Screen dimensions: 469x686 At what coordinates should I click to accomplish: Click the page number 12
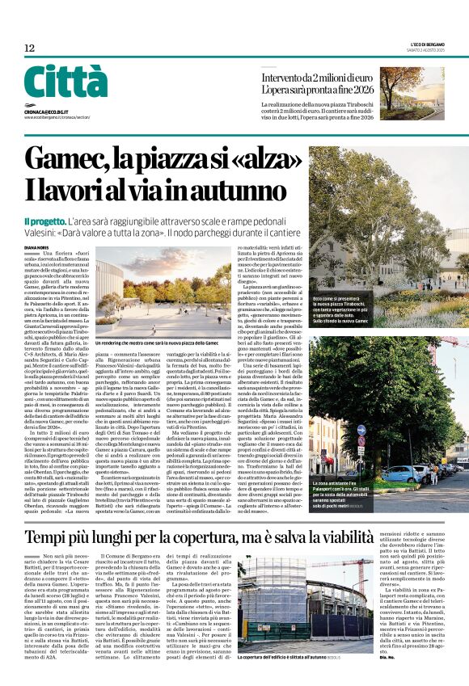29,48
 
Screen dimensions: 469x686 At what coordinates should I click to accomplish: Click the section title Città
65,82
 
